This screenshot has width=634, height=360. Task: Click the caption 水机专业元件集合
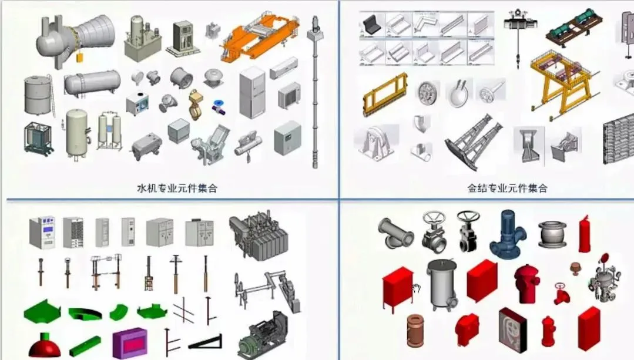tap(177, 188)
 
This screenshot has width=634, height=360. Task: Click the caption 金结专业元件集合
tap(507, 188)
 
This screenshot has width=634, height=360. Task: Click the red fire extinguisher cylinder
tap(584, 234)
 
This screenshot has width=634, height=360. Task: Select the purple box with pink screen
tap(130, 344)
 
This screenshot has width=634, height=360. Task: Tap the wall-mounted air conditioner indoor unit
tap(284, 68)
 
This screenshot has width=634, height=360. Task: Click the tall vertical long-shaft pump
tap(315, 92)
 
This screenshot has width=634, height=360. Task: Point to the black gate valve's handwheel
tap(468, 217)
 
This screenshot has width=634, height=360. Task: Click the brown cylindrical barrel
tap(415, 331)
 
